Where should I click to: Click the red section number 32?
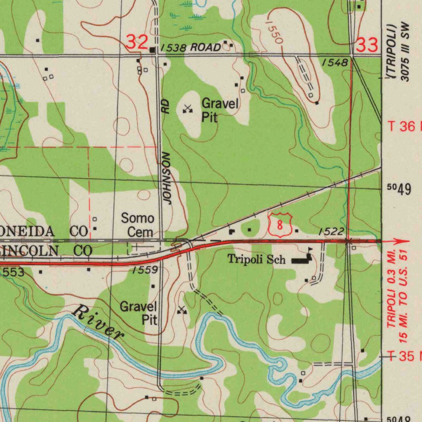pyautogui.click(x=137, y=42)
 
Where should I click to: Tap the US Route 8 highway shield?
pyautogui.click(x=279, y=225)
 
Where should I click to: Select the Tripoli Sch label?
pyautogui.click(x=257, y=259)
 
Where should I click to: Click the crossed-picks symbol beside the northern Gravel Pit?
pyautogui.click(x=188, y=109)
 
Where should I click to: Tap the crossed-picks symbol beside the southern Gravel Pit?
pyautogui.click(x=182, y=310)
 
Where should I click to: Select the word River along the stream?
pyautogui.click(x=98, y=322)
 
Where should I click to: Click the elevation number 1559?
pyautogui.click(x=145, y=270)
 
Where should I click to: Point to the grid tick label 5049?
pyautogui.click(x=399, y=189)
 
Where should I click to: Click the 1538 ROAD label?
pyautogui.click(x=190, y=48)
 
